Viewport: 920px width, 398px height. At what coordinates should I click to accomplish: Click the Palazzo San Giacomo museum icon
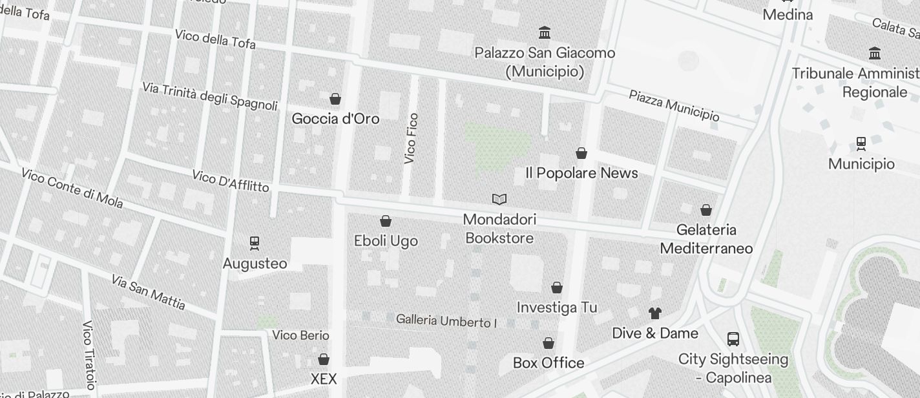click(x=545, y=32)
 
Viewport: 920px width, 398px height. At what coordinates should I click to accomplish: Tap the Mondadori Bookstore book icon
click(x=499, y=199)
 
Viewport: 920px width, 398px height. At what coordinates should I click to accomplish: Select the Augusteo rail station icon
click(x=255, y=243)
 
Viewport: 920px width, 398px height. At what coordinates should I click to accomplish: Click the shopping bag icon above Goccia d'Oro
click(x=335, y=99)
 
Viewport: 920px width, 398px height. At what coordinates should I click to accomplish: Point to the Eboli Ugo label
click(x=386, y=241)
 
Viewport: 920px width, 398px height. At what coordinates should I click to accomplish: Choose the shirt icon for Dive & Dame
click(x=655, y=313)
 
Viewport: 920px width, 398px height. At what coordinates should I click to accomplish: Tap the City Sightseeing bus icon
click(x=733, y=339)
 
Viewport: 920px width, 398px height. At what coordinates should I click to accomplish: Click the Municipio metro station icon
click(x=861, y=143)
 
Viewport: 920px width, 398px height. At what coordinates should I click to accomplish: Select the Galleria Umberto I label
click(x=446, y=320)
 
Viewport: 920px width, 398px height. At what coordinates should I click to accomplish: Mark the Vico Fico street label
click(x=411, y=138)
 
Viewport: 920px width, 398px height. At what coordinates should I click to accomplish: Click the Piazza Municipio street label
click(x=674, y=105)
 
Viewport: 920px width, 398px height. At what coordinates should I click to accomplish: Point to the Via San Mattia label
click(x=148, y=292)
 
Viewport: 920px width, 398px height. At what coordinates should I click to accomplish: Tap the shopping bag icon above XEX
click(x=324, y=359)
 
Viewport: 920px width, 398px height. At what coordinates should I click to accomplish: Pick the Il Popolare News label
click(x=581, y=173)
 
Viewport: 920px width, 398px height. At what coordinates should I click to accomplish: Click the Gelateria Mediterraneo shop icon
click(x=706, y=210)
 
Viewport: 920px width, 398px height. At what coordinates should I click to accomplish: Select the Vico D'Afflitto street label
click(x=231, y=181)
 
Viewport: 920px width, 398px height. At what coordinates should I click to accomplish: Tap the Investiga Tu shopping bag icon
click(x=557, y=288)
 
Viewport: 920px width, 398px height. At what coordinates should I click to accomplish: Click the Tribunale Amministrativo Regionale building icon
click(x=875, y=53)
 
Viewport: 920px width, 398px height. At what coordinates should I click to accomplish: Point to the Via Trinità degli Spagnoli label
click(x=210, y=96)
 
